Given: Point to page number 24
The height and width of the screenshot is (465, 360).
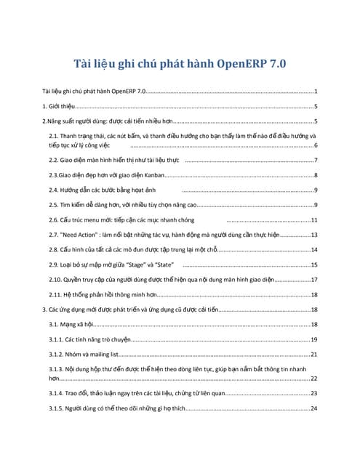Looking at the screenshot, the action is pyautogui.click(x=314, y=408).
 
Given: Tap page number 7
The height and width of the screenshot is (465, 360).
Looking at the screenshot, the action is pyautogui.click(x=316, y=159).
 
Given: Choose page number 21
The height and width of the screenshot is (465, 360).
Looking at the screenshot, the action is pyautogui.click(x=314, y=355).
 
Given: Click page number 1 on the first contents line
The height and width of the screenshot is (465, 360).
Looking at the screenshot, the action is pyautogui.click(x=316, y=92).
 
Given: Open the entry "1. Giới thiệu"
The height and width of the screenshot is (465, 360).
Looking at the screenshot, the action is pyautogui.click(x=59, y=106).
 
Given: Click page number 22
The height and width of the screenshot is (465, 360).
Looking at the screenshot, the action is pyautogui.click(x=314, y=379).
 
